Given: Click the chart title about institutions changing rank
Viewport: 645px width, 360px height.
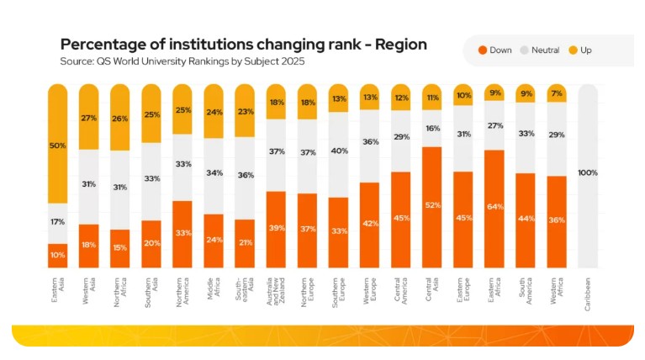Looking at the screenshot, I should click(243, 45).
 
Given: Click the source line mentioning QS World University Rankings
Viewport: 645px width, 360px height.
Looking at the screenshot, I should click(182, 61).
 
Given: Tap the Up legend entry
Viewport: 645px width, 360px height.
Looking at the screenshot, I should click(579, 50).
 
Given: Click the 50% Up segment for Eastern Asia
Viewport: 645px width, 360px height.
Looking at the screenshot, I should click(58, 145).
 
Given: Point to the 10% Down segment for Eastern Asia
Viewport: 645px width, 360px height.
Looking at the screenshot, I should click(58, 256).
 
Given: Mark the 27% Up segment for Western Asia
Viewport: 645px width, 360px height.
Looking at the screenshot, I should click(89, 118).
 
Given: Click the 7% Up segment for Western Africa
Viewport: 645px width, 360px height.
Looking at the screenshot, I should click(557, 93).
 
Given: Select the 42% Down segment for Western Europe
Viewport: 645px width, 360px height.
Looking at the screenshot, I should click(369, 225).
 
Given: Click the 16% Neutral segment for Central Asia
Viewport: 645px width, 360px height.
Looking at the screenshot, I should click(432, 129).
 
